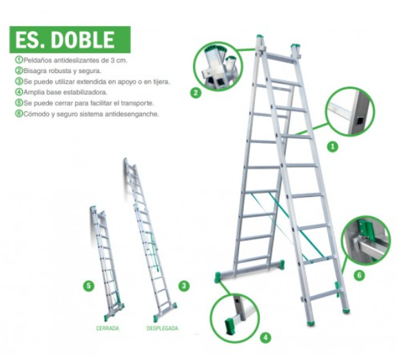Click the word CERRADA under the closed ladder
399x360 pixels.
(x=107, y=328)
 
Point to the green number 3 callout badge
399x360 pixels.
(x=183, y=284)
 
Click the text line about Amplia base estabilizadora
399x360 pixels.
(x=65, y=92)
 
